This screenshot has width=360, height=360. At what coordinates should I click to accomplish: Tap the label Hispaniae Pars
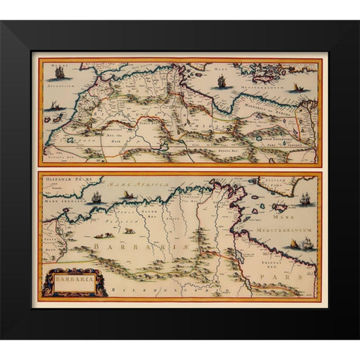(x=63, y=181)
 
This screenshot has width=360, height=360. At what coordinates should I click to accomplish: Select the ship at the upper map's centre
(x=220, y=82)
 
